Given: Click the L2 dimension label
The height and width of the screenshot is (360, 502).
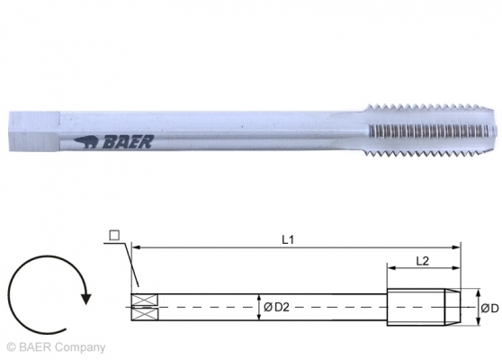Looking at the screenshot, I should pyautogui.click(x=423, y=259).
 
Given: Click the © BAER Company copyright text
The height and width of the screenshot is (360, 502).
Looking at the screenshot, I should pyautogui.click(x=55, y=346).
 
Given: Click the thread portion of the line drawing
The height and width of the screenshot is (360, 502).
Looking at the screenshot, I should pyautogui.click(x=418, y=306).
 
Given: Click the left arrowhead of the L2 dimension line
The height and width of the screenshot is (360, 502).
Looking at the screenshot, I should pyautogui.click(x=390, y=268).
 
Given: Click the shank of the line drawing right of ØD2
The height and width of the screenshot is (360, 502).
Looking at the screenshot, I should pyautogui.click(x=333, y=306).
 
